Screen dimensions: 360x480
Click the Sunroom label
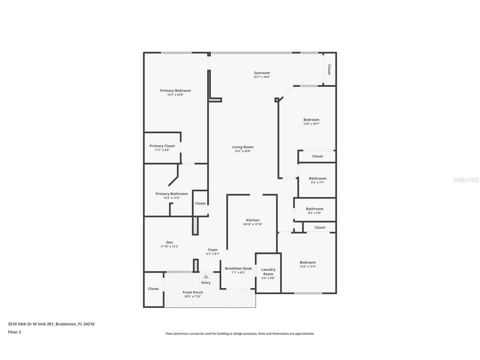262,73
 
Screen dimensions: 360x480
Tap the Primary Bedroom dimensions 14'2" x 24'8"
175,95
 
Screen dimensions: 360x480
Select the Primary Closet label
162,146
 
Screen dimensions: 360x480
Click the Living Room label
243,147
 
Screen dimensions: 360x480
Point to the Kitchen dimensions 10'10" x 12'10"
253,224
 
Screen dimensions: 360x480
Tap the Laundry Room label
268,272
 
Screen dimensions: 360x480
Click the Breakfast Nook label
238,268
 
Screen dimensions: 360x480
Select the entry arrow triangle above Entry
206,277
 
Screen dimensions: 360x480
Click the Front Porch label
193,292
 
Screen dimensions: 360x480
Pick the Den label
169,242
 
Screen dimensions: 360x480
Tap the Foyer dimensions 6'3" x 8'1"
213,254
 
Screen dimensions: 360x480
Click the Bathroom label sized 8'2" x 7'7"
317,178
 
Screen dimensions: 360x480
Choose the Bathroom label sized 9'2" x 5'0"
314,209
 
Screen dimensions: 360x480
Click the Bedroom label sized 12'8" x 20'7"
311,120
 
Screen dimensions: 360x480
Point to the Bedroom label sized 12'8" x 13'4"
307,262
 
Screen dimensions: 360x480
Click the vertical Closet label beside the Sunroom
329,70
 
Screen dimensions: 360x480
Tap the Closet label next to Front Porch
153,289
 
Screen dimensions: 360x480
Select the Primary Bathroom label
171,194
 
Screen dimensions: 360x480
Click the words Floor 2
14,332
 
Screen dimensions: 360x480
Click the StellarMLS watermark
466,180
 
